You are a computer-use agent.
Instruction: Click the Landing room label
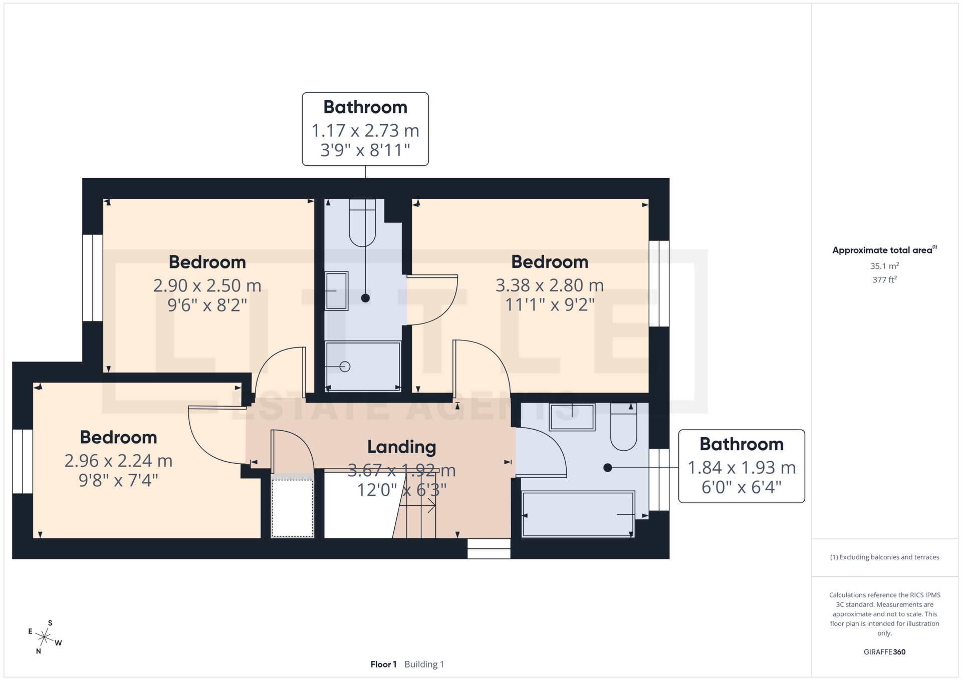tap(401, 447)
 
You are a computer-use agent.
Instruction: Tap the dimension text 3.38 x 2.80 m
tap(549, 285)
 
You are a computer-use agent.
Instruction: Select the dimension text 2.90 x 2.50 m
tap(207, 285)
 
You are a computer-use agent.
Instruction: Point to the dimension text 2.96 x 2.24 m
tap(118, 461)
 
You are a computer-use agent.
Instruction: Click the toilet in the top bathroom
tap(362, 223)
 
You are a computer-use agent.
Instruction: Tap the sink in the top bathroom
tap(336, 291)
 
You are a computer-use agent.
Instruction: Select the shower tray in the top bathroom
tap(363, 366)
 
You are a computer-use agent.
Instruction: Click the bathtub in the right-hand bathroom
tap(578, 515)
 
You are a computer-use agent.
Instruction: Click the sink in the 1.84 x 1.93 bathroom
tap(572, 417)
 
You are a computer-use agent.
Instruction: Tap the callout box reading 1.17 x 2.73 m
tap(365, 129)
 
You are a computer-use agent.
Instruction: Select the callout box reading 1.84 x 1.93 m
tap(741, 466)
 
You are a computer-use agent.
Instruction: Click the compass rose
tap(45, 637)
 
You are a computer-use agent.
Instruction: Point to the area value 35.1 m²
tap(884, 266)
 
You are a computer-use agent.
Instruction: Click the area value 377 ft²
tap(884, 279)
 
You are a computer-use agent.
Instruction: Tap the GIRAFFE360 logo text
tap(884, 652)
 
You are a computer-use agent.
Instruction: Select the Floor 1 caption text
tap(383, 664)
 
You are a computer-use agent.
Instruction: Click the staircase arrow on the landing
tap(424, 507)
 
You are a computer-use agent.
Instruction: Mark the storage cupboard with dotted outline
tap(293, 507)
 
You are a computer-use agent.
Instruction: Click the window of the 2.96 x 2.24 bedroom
tap(23, 461)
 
